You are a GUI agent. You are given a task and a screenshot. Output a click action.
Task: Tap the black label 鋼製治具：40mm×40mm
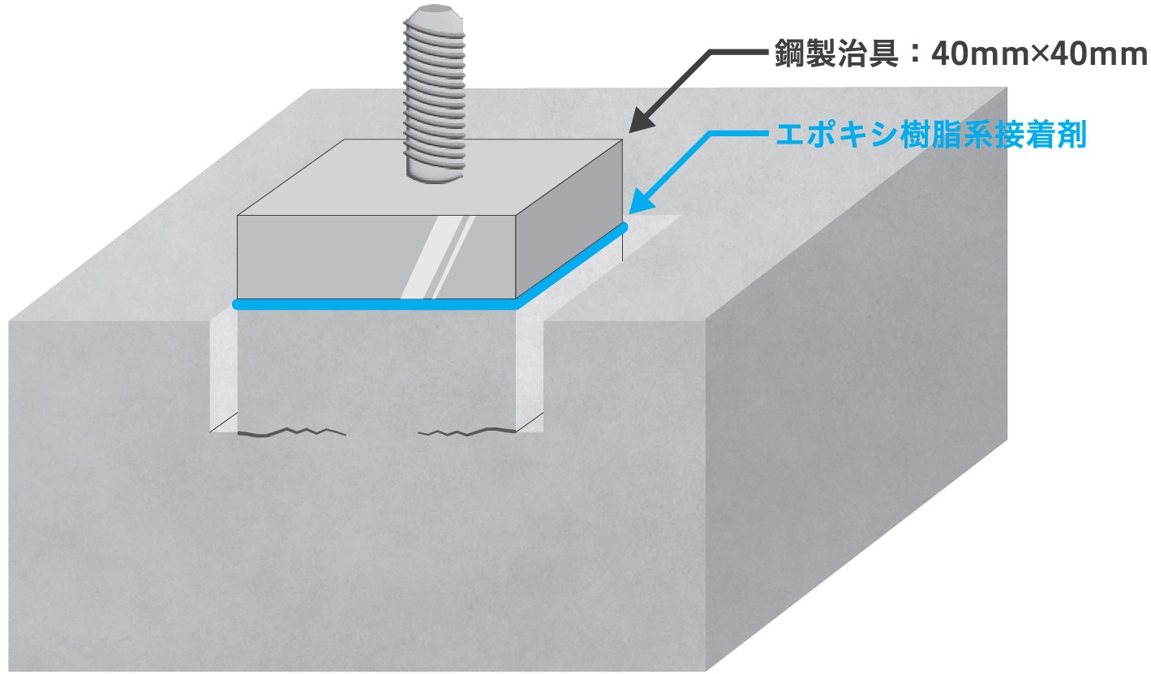(957, 55)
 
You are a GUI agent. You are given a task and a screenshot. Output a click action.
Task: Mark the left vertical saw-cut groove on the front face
(223, 373)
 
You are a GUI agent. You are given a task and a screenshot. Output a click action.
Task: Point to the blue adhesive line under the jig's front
(373, 305)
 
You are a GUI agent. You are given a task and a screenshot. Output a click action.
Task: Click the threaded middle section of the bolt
(436, 89)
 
